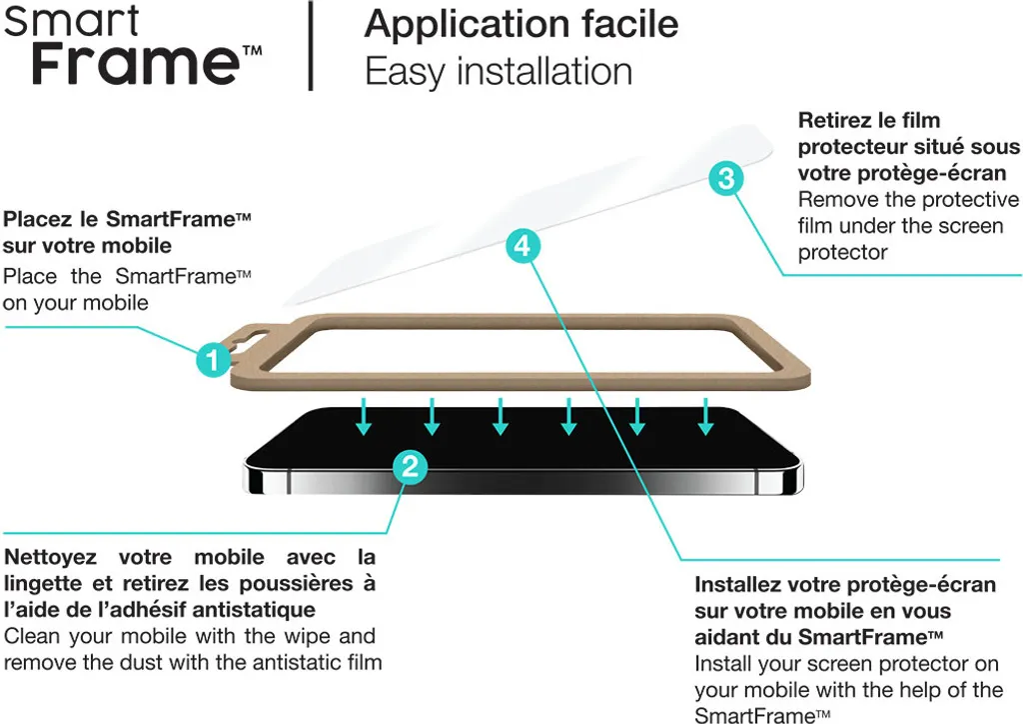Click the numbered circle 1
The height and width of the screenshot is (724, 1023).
click(x=214, y=359)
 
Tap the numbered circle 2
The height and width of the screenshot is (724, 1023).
click(x=410, y=467)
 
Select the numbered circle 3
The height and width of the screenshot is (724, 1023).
click(x=726, y=178)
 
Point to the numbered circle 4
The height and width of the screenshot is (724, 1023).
click(x=522, y=246)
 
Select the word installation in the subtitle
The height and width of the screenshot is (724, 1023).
click(x=544, y=71)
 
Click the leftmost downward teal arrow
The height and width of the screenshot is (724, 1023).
click(x=364, y=417)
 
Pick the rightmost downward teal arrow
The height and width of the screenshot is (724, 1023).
click(x=705, y=417)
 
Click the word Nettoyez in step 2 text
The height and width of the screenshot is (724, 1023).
click(x=50, y=557)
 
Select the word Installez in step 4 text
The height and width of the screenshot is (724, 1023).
click(x=736, y=584)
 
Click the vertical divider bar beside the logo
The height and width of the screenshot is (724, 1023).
click(x=312, y=45)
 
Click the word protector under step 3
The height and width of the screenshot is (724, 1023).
click(x=843, y=253)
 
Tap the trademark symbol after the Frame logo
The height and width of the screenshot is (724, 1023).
click(x=252, y=50)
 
